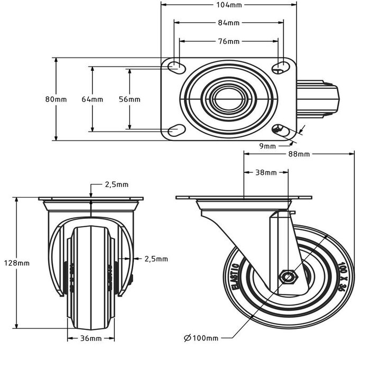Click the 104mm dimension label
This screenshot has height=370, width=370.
[x=228, y=5]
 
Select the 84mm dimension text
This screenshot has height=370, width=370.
[x=228, y=23]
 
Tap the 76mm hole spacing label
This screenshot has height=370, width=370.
[x=228, y=41]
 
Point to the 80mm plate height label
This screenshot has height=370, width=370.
[x=56, y=99]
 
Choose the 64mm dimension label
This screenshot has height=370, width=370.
[x=92, y=99]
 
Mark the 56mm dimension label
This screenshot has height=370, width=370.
[x=129, y=99]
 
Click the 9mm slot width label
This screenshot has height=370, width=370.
[x=269, y=145]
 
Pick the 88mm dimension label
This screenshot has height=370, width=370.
[x=299, y=154]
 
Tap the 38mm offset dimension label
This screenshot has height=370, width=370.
[x=266, y=172]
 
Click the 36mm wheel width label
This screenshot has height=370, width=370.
[x=91, y=338]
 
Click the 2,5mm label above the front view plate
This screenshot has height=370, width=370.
[x=116, y=184]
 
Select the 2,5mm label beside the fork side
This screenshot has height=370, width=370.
[x=155, y=258]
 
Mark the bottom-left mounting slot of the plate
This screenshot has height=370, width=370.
[x=173, y=130]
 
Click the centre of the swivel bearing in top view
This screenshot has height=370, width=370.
[x=228, y=98]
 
